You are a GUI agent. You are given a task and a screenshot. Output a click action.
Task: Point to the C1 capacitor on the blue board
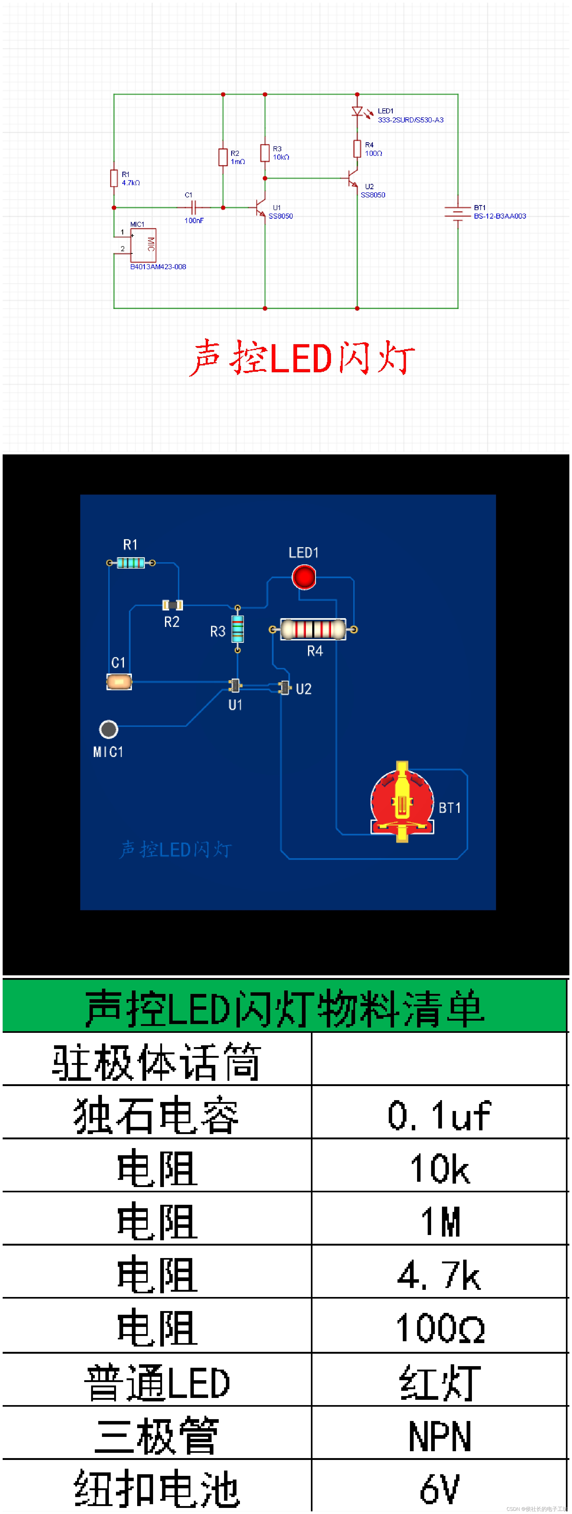pyautogui.click(x=119, y=682)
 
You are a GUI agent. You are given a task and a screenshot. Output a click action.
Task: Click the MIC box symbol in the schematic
pyautogui.click(x=143, y=245)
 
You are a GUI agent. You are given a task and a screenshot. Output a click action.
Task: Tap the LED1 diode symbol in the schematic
pyautogui.click(x=357, y=111)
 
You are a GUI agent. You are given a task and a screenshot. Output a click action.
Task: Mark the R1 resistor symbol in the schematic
pyautogui.click(x=114, y=178)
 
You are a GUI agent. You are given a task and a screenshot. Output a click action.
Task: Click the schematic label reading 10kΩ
pyautogui.click(x=281, y=157)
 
